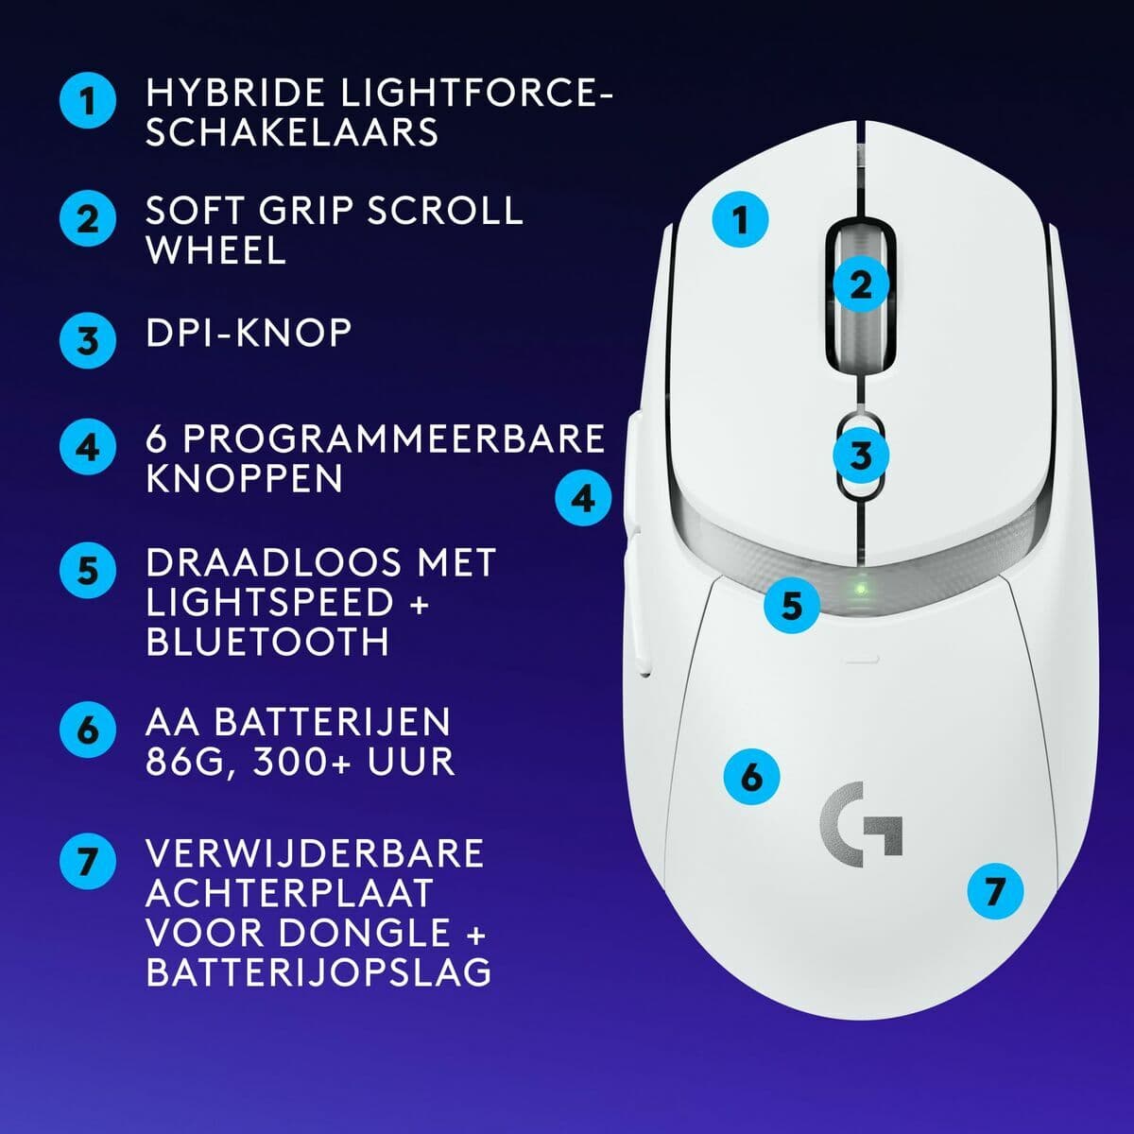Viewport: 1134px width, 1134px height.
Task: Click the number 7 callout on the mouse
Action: [x=995, y=891]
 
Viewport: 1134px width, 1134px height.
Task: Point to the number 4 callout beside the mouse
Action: [x=583, y=497]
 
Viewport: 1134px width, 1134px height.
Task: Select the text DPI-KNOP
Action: [x=249, y=333]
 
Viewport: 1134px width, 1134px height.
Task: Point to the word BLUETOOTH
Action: [x=267, y=642]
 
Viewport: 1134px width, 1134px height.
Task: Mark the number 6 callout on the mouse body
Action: [x=751, y=777]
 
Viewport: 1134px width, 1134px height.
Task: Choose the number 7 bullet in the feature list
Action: [x=88, y=862]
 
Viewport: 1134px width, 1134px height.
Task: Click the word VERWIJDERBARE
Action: [x=315, y=853]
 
